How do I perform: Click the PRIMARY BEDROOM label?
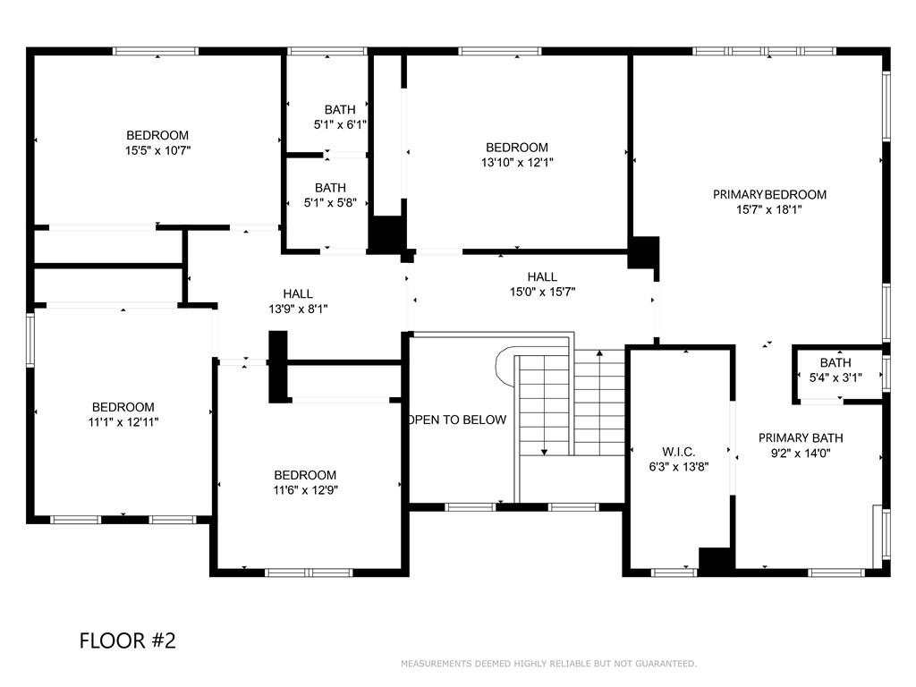click(769, 194)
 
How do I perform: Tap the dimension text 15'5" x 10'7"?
click(157, 150)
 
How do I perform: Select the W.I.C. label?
click(679, 452)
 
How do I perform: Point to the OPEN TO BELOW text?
click(457, 420)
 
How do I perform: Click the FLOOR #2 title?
click(127, 640)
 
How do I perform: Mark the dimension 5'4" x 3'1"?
click(835, 378)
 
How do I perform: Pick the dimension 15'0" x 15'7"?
click(543, 292)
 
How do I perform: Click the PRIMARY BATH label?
click(801, 437)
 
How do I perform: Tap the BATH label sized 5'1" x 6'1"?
click(340, 110)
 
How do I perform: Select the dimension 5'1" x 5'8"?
click(330, 203)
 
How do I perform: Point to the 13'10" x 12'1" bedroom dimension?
click(517, 163)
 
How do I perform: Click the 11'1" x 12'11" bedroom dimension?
click(123, 422)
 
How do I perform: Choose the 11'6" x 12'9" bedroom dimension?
click(306, 490)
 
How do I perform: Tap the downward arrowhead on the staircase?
click(545, 452)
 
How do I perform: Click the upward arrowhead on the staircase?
click(599, 352)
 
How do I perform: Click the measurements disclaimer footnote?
click(548, 664)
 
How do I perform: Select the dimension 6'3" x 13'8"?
click(679, 467)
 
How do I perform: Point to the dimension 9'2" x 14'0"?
click(801, 453)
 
